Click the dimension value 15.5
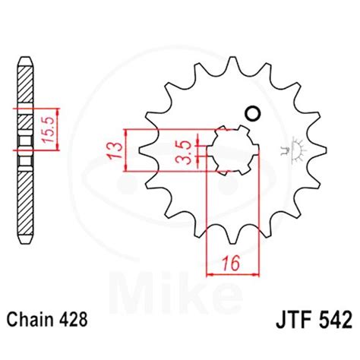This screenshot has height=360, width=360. point(49,129)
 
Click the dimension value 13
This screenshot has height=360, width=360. point(115,151)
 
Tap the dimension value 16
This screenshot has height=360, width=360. point(231,264)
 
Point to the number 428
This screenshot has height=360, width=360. point(74,319)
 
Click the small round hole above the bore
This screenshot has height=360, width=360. point(252,113)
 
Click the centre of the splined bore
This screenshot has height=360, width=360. point(233,150)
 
